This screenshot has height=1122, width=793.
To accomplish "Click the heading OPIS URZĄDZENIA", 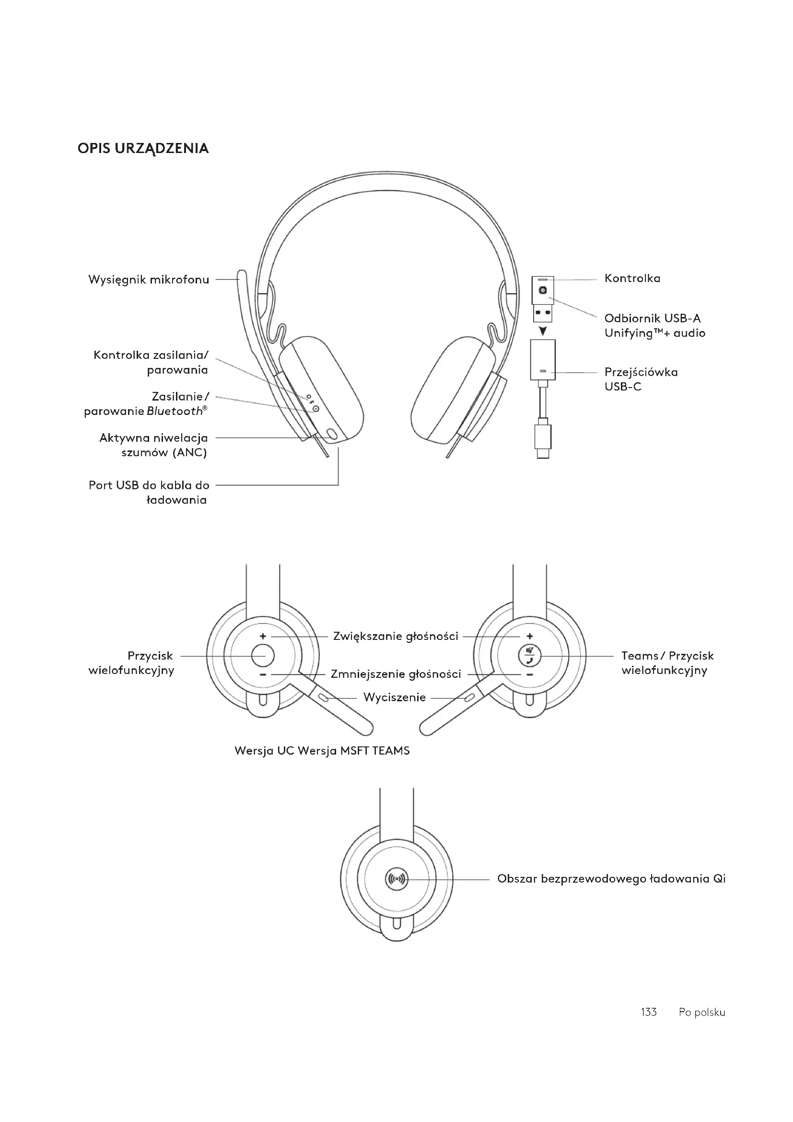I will (143, 149).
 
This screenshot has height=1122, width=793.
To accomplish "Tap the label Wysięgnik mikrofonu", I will (149, 280).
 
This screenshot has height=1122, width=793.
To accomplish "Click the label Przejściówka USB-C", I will (641, 379).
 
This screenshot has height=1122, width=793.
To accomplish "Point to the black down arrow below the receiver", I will (543, 331).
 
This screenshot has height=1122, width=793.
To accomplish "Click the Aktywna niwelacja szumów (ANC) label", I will (154, 445).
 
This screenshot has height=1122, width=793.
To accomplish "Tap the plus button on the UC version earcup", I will (263, 636).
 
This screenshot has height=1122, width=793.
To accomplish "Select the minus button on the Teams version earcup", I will (529, 675).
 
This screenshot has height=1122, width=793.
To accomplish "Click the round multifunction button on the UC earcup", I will (263, 655).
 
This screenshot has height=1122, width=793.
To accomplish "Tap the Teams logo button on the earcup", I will (529, 655).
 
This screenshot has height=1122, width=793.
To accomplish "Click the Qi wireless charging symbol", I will (396, 879).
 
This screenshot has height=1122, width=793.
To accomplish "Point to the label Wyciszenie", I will (395, 697).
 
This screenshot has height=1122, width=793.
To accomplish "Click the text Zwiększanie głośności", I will (396, 636).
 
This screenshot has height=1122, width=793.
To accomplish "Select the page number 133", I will (649, 1012).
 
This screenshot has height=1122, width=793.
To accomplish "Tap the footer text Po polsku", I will (702, 1012).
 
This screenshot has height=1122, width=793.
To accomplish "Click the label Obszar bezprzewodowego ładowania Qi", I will (611, 879).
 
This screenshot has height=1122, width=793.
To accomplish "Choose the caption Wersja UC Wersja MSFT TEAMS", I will (322, 751).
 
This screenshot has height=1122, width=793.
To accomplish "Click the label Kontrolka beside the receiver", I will (632, 279).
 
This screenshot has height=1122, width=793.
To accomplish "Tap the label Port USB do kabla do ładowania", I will (149, 492).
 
